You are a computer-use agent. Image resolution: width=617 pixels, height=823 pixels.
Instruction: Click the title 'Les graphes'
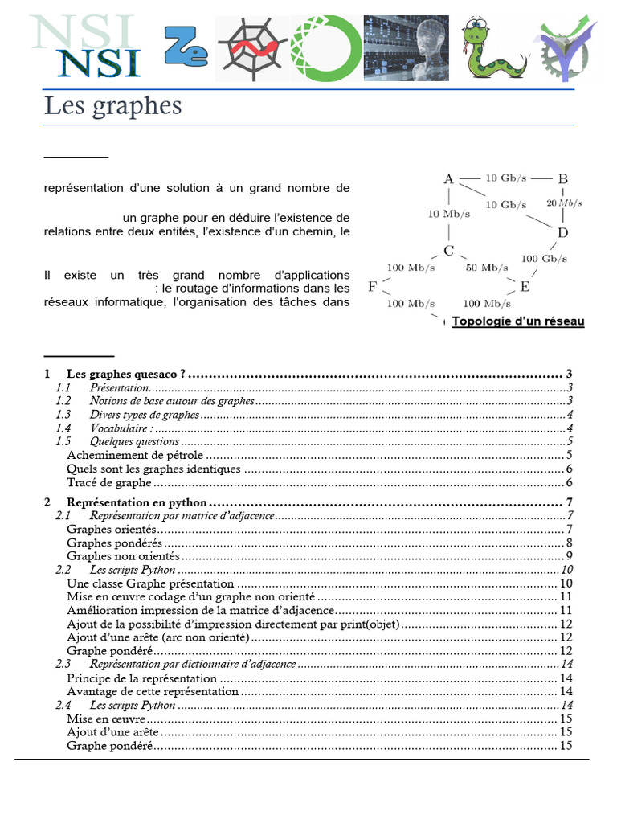112,105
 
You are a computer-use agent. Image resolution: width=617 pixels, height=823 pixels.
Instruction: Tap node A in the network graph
449,178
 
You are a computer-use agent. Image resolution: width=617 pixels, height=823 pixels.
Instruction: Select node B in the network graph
563,178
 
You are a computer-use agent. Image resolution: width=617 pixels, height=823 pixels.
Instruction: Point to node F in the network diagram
372,286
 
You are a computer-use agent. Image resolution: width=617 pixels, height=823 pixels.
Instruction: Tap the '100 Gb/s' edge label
544,258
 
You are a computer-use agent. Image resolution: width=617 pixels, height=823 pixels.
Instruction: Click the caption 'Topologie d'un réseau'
518,321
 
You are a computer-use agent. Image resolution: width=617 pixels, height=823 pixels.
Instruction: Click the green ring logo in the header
325,48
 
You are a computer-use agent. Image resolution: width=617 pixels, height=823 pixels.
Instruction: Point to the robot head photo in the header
407,48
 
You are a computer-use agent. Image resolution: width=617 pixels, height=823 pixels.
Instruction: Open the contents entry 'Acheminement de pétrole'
135,456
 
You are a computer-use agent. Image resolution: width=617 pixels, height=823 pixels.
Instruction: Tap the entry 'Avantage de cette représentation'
153,691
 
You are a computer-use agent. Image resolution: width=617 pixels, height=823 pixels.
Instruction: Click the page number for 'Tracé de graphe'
568,483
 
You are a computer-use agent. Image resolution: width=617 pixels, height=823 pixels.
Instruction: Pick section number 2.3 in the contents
63,664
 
